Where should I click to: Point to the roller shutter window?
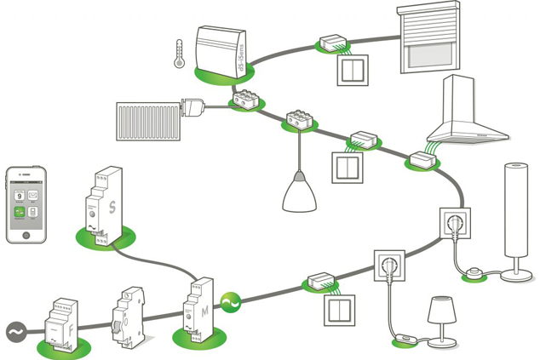[x=428, y=37]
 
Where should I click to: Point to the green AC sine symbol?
[x=231, y=302]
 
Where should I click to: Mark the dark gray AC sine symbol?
[x=17, y=332]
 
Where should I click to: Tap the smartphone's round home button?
[x=26, y=235]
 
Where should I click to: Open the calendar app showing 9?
[x=20, y=197]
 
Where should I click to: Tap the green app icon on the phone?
[x=20, y=213]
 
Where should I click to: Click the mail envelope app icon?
[x=33, y=197]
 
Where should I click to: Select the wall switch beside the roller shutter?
[x=351, y=71]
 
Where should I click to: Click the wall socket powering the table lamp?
[x=388, y=266]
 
